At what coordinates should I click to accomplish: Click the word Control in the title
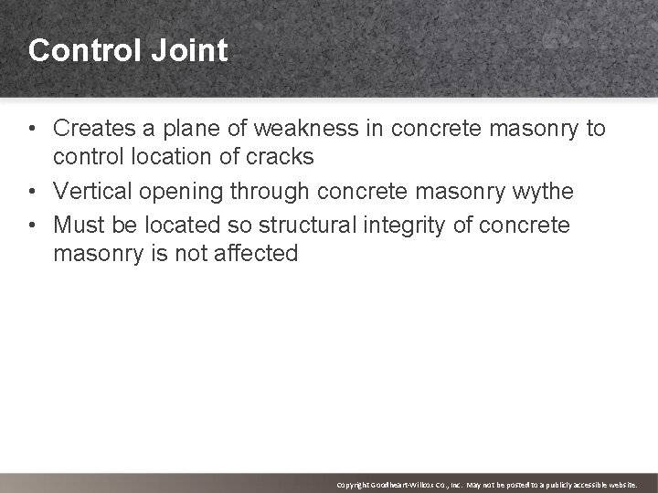click(x=83, y=50)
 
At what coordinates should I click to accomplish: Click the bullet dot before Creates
click(x=33, y=129)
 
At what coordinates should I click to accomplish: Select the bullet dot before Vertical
click(x=33, y=192)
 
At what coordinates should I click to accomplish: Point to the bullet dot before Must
click(x=33, y=226)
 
